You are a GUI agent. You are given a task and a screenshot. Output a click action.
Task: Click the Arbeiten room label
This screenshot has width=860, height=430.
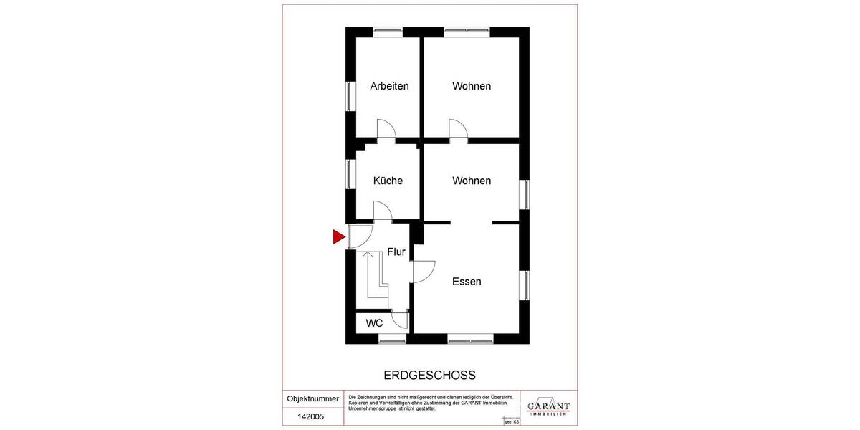pos(389,86)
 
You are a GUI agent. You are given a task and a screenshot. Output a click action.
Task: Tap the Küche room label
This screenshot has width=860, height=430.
pos(388,181)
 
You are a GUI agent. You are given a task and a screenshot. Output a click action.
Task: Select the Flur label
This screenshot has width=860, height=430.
pos(396,252)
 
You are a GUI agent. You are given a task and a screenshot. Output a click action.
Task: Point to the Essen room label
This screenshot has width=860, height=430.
pos(467,282)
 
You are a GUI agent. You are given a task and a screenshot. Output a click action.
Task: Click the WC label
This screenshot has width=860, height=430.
pos(374,323)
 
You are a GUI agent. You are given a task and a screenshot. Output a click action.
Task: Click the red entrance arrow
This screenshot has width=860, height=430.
pos(339,237)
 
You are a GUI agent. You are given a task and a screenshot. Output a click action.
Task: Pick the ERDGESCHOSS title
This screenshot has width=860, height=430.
pos(430,375)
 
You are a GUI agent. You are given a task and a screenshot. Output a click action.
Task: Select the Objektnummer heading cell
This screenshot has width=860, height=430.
pos(312,398)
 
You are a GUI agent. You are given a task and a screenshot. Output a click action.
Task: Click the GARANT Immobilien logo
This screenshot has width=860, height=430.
pos(548,406)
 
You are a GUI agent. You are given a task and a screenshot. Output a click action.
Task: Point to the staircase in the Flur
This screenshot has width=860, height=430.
pos(375,276)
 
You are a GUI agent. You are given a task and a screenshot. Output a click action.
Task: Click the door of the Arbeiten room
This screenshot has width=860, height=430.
pos(386,130)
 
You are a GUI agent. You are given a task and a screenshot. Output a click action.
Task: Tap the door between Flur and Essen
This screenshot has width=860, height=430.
pos(423,271)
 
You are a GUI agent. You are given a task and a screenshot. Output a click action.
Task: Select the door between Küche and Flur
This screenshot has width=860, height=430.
pos(382,210)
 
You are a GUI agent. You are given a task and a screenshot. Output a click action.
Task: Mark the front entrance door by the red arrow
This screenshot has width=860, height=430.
pos(359,236)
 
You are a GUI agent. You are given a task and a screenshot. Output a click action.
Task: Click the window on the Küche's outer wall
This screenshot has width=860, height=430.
pos(351,174)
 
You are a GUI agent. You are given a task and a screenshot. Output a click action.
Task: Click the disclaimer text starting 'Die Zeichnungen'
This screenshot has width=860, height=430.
pos(430,403)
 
